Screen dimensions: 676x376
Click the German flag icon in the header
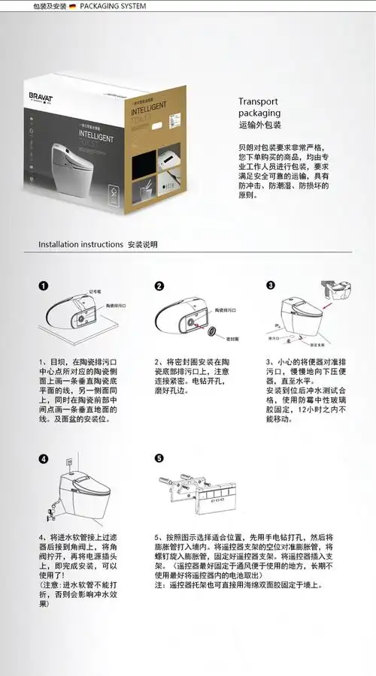(71, 6)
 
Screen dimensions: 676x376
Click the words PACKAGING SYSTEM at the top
(113, 6)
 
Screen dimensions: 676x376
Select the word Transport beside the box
(258, 101)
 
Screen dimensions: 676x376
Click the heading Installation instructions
(80, 244)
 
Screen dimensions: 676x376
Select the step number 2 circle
(159, 286)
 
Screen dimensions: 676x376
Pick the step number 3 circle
(271, 285)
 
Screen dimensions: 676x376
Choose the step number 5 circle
(159, 458)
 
